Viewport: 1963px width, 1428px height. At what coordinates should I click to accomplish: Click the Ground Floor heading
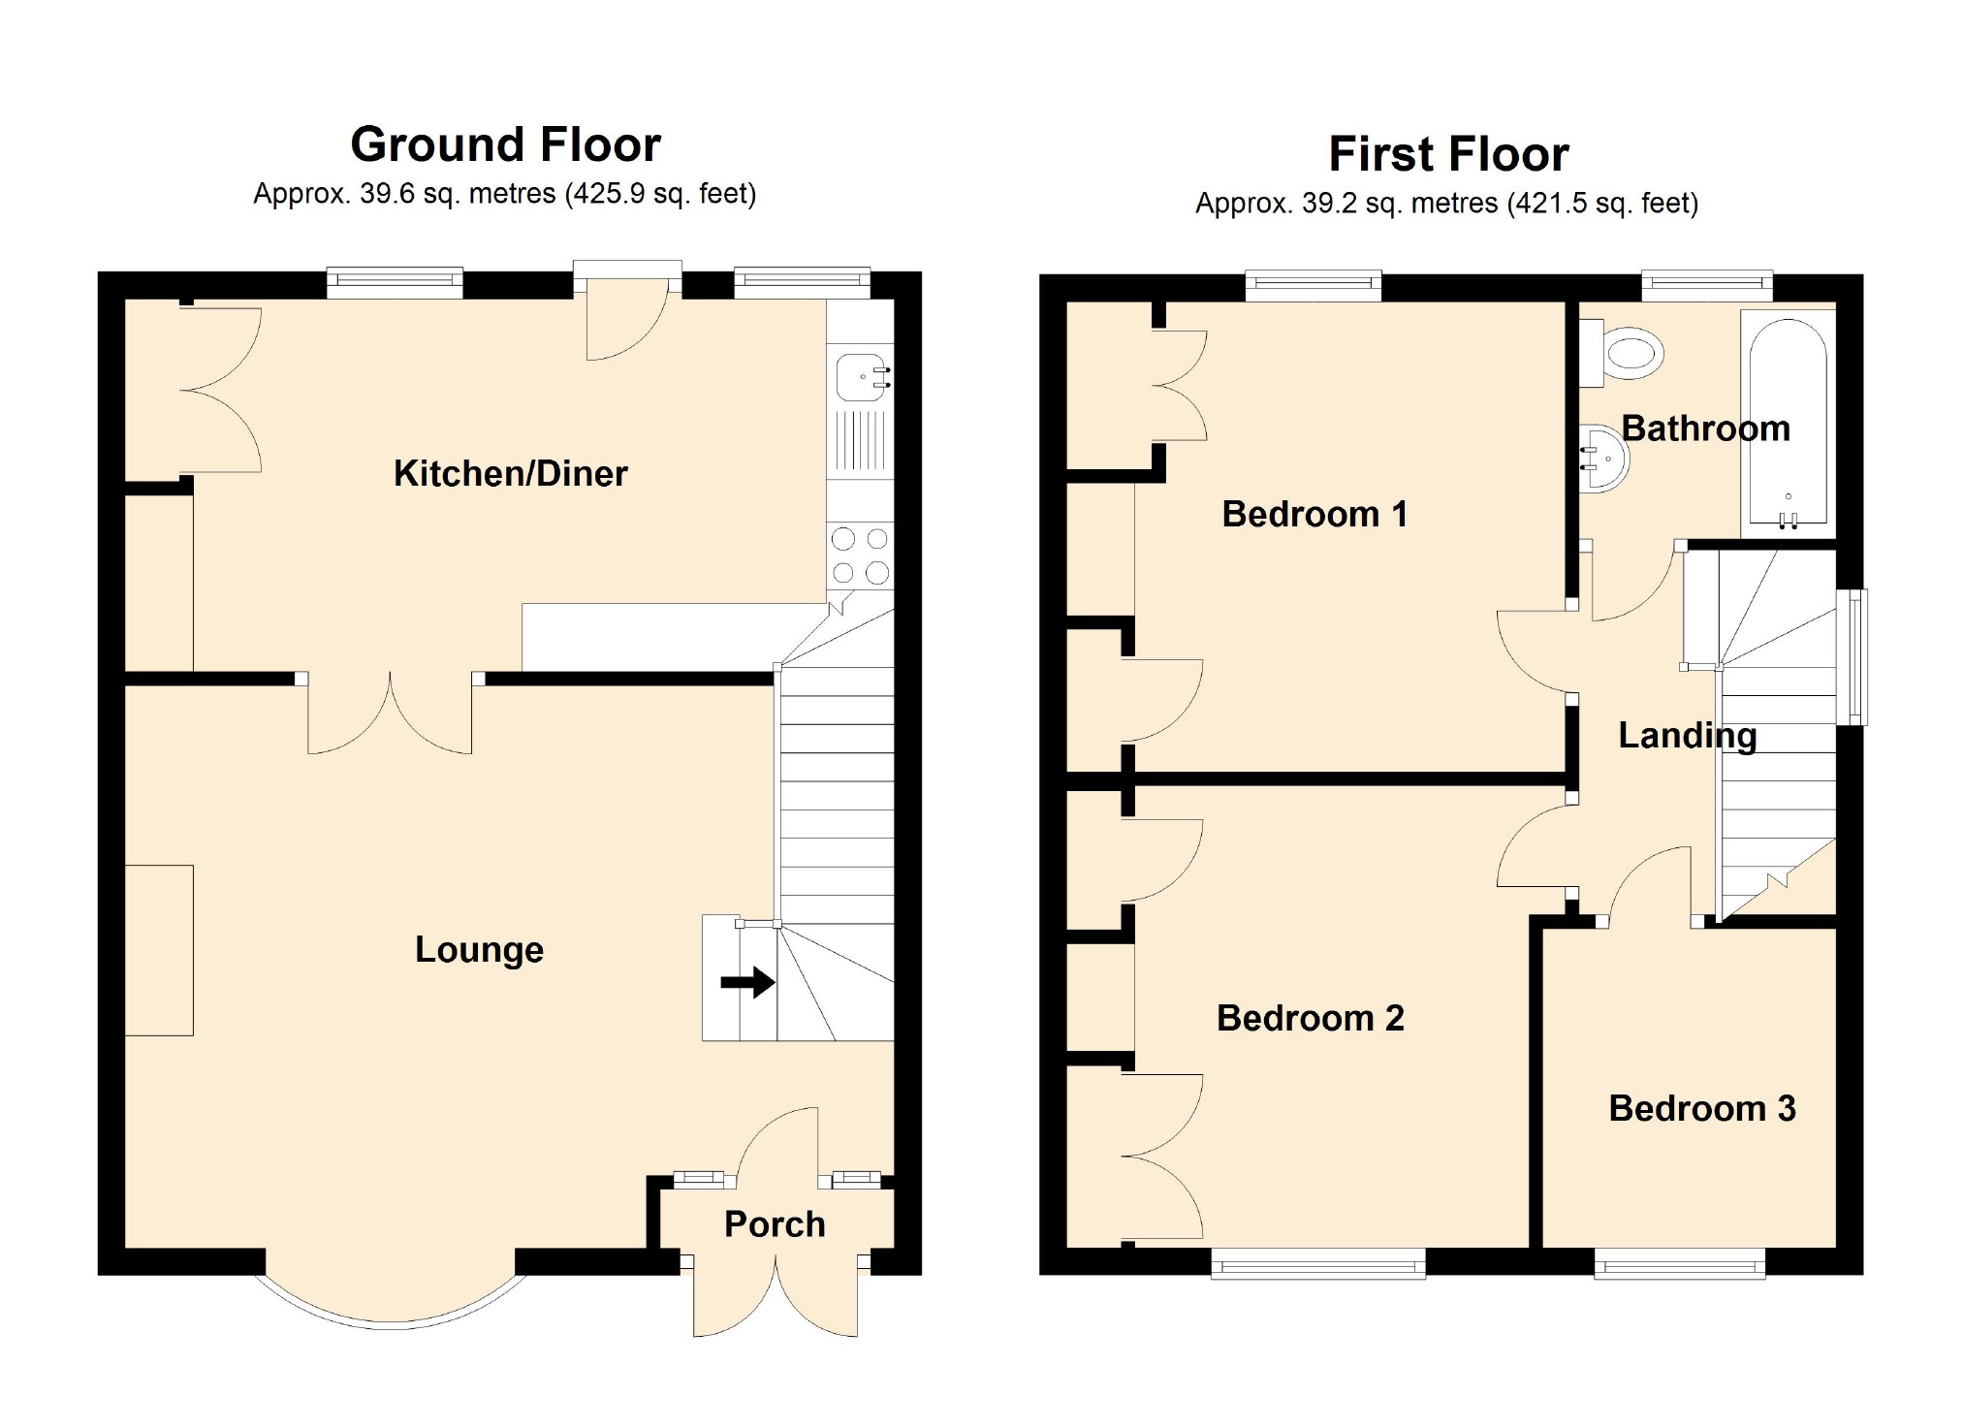tap(505, 144)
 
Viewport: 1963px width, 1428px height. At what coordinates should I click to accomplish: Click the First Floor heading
tap(1448, 154)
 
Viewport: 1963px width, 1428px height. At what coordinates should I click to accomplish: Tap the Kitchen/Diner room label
tap(511, 473)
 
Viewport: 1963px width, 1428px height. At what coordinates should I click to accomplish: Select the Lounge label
tap(479, 950)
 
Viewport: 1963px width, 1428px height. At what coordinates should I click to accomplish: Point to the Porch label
tap(775, 1224)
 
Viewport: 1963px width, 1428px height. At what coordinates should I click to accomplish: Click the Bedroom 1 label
tap(1314, 514)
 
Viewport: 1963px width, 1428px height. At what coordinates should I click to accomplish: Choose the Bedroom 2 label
tap(1311, 1018)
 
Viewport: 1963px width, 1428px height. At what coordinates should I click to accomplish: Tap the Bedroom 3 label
tap(1702, 1108)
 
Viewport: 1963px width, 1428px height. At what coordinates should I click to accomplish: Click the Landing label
tap(1688, 736)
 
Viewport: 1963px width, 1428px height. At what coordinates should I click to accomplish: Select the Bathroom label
tap(1706, 428)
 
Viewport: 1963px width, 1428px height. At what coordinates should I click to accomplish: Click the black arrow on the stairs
tap(747, 982)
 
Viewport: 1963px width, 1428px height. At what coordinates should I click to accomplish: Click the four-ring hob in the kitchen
tap(860, 555)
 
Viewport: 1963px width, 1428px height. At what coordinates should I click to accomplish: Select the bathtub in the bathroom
tap(1789, 424)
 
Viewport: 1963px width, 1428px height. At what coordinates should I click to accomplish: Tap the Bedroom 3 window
tap(1680, 1263)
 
